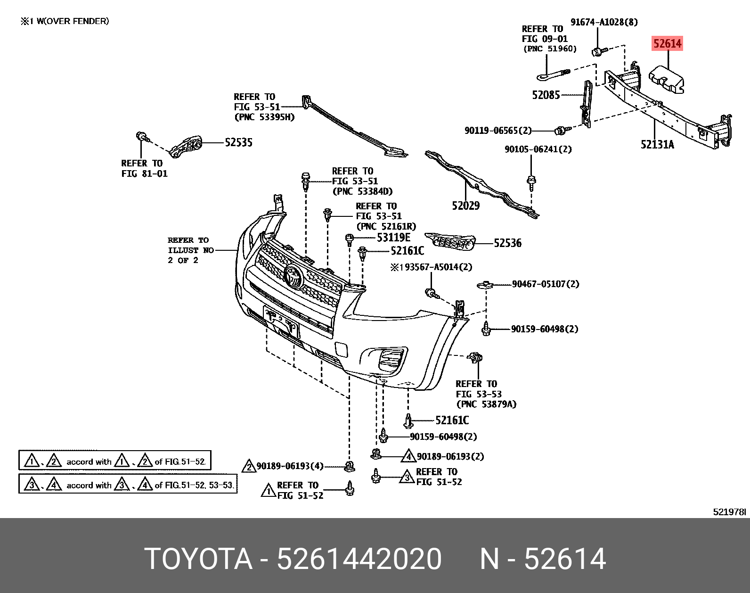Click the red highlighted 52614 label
667,43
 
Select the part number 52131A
657,144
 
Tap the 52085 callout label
546,95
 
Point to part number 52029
465,206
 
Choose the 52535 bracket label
238,142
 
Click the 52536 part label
507,243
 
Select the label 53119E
393,238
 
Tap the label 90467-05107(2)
546,284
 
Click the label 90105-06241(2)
538,149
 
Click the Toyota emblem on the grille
293,277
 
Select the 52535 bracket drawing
186,147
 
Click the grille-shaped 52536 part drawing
450,242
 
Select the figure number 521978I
730,512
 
